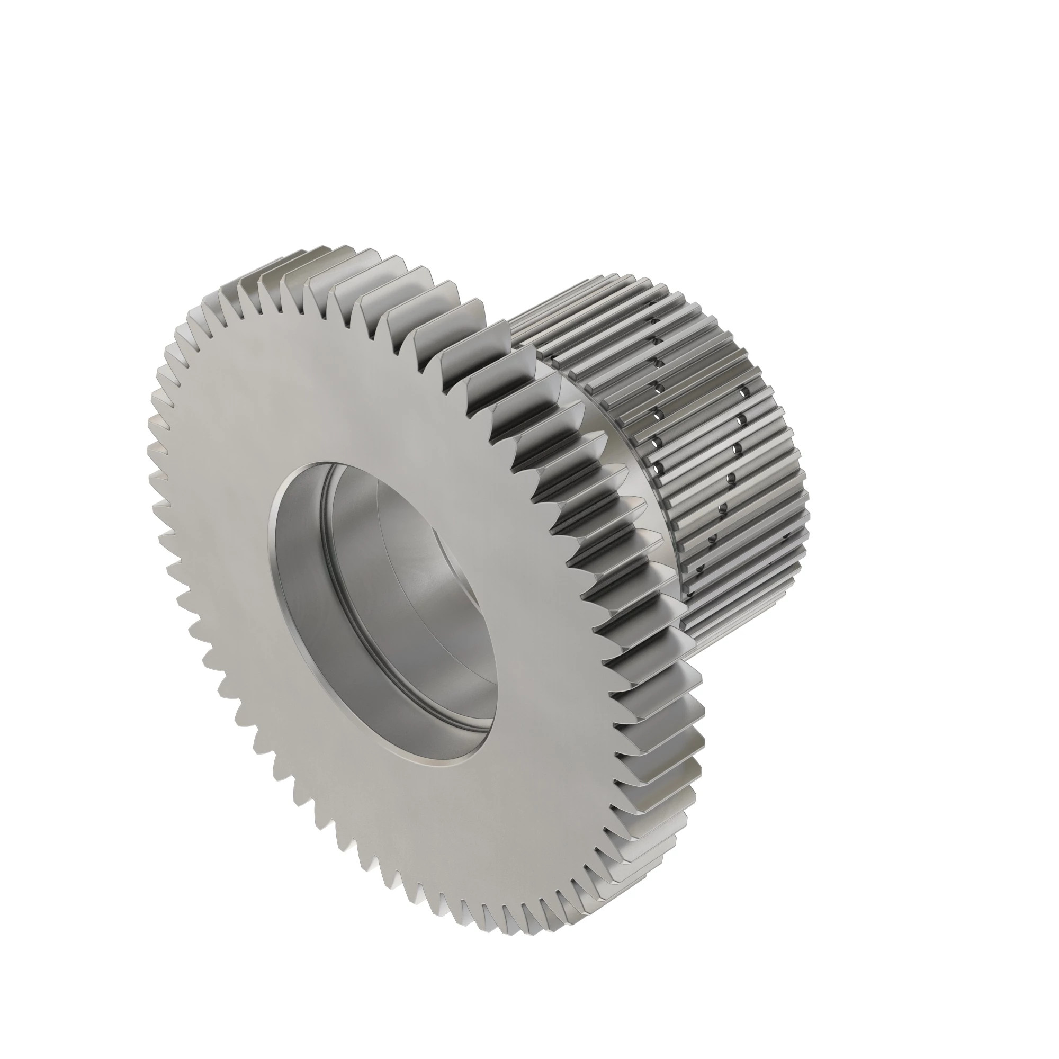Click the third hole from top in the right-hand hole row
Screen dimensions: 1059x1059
click(735, 450)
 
